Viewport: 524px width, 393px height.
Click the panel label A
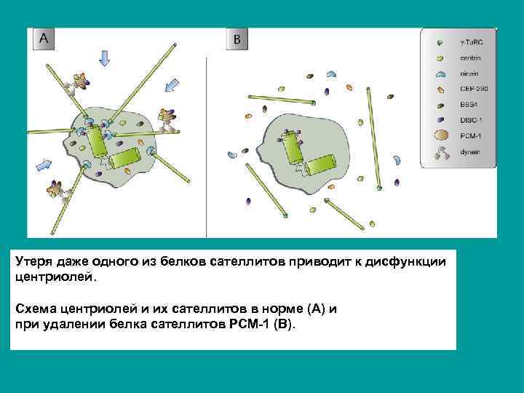(x=44, y=39)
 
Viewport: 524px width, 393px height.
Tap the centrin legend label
(x=469, y=58)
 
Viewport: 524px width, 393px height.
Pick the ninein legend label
(x=468, y=74)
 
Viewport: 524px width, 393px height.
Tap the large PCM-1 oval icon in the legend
(x=440, y=135)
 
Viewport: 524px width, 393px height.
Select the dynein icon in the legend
(x=440, y=153)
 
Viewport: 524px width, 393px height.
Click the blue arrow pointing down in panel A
(x=107, y=57)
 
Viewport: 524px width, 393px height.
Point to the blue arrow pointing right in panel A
(x=45, y=162)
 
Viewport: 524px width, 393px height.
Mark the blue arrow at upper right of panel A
(x=171, y=85)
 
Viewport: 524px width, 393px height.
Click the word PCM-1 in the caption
(x=256, y=322)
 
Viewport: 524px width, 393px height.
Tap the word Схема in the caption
(x=34, y=308)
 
